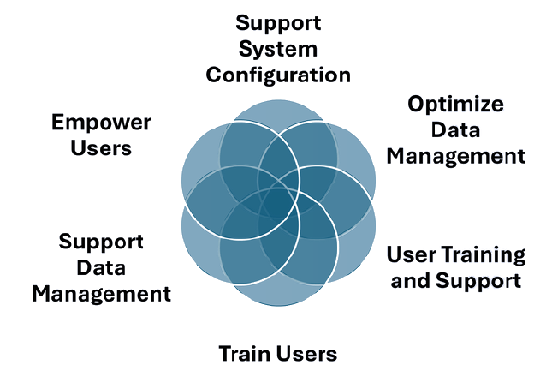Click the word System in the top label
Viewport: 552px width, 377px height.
point(278,48)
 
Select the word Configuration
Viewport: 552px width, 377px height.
point(278,75)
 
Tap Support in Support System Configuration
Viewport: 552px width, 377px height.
point(278,21)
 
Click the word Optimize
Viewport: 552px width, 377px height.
point(455,105)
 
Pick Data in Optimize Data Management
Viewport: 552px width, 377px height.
point(455,130)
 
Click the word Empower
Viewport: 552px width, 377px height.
point(101,122)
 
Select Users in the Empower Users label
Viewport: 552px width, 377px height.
point(101,147)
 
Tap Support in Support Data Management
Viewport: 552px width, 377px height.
point(101,241)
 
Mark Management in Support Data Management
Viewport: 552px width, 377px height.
point(101,294)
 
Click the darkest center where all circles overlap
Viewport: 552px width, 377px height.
point(278,202)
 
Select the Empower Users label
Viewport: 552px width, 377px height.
point(101,135)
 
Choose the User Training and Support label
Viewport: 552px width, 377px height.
point(455,267)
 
